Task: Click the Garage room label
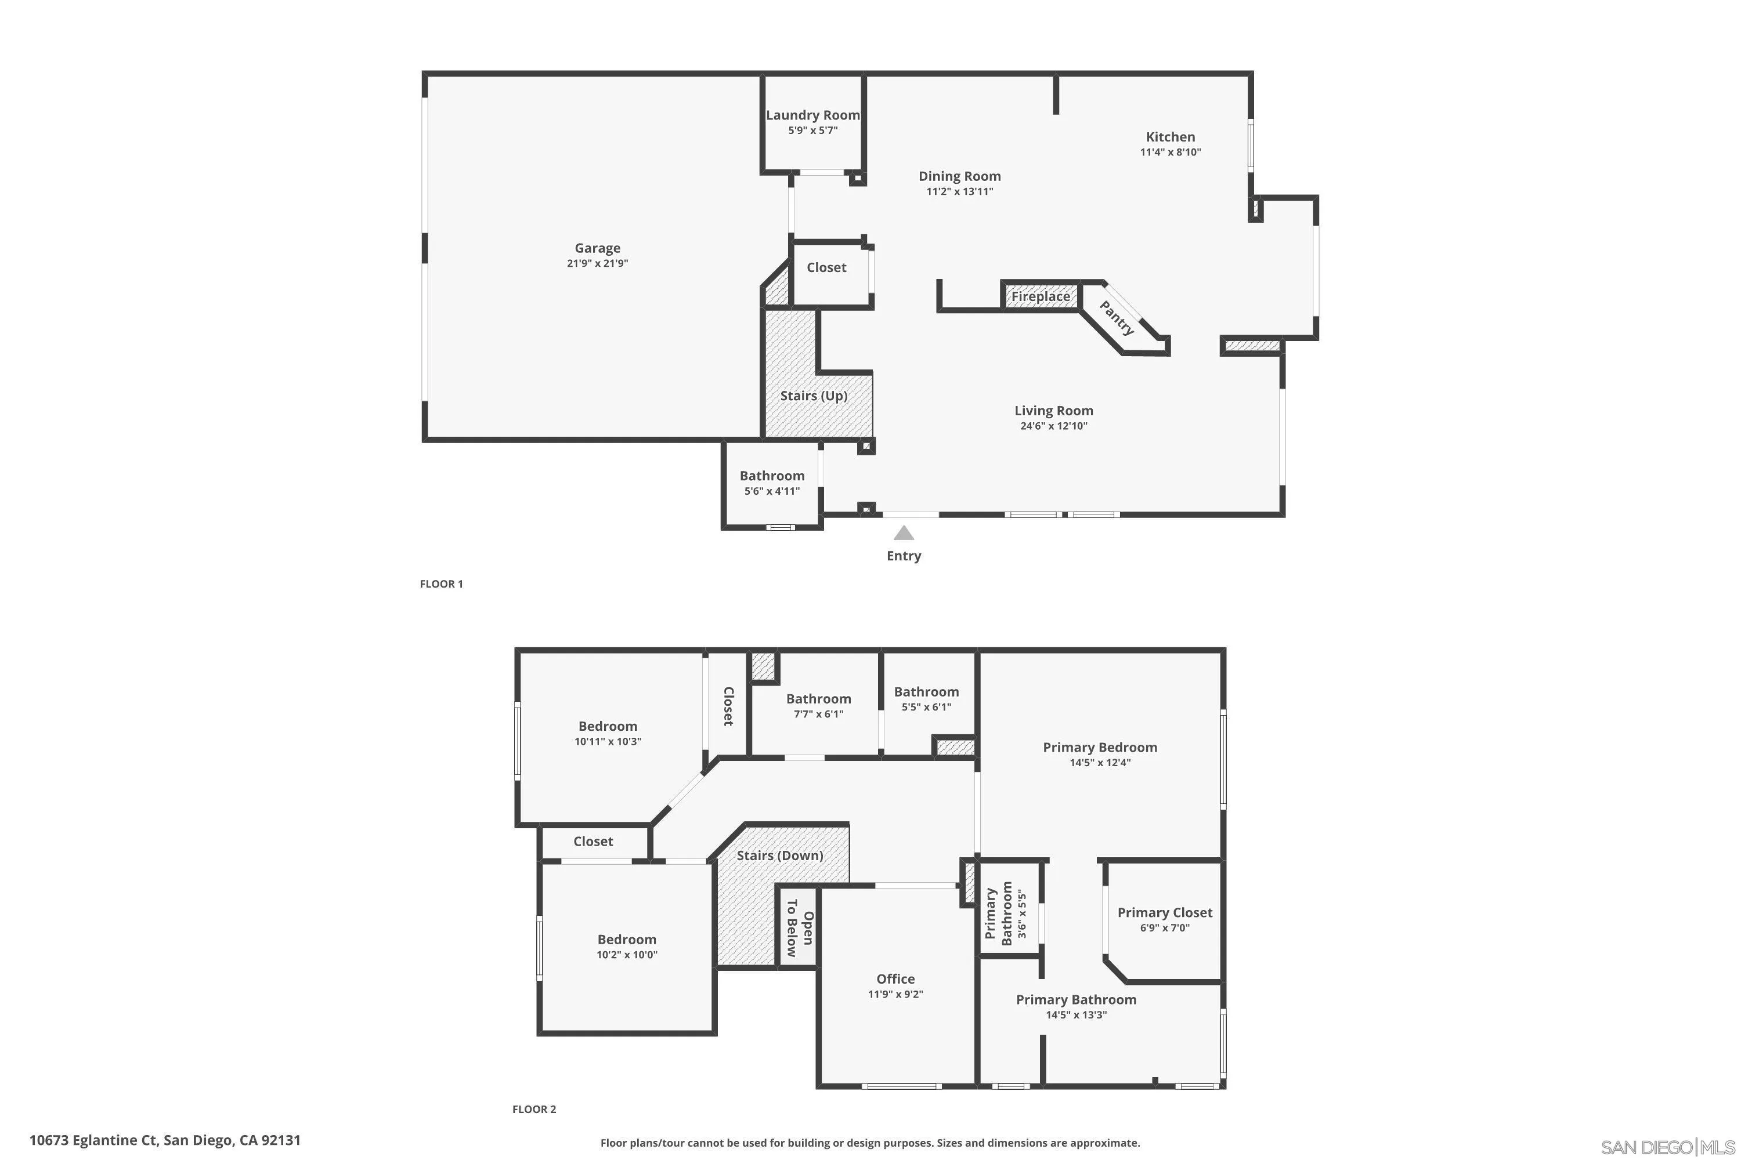(x=597, y=248)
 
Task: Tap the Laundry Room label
(x=813, y=115)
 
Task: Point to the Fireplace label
(x=1040, y=296)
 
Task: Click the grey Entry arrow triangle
(x=903, y=532)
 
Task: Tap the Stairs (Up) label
(x=814, y=396)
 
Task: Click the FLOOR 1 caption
(x=441, y=583)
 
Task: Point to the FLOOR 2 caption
(x=534, y=1109)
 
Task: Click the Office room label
(x=895, y=979)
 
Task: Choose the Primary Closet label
(x=1164, y=912)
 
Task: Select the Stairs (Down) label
(x=779, y=855)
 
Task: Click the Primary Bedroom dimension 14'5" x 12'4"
(x=1100, y=763)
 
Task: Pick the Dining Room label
(x=959, y=176)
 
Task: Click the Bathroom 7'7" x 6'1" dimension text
(x=818, y=714)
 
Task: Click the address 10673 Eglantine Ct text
(x=164, y=1140)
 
